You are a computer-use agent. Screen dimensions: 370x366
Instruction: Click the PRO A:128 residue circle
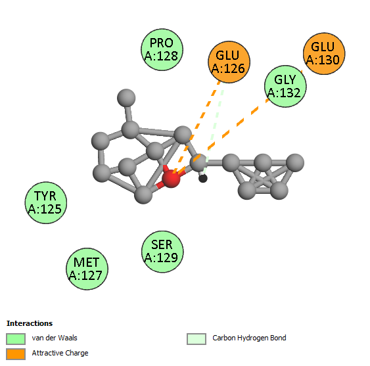(x=162, y=49)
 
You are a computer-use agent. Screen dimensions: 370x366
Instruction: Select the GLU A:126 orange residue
(x=229, y=62)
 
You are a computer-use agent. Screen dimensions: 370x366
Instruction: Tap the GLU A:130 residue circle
(x=324, y=54)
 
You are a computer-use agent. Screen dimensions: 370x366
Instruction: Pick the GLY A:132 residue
(x=285, y=86)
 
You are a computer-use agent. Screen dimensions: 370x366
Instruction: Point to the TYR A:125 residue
(x=46, y=202)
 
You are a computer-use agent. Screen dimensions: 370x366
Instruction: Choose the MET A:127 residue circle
(x=87, y=269)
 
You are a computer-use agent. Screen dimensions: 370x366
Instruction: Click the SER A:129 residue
(x=162, y=252)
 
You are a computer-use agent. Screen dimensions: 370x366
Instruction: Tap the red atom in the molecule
(x=171, y=179)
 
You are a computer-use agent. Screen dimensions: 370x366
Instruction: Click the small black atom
(x=202, y=179)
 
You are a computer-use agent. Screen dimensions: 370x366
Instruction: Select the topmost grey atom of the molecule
(x=126, y=98)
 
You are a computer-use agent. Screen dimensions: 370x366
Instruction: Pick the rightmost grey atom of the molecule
(x=295, y=162)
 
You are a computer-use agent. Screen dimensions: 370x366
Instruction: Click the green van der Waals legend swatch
(x=16, y=339)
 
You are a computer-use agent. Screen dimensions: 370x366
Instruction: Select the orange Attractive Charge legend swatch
(x=16, y=354)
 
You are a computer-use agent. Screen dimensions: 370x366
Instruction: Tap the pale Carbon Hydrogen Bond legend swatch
(x=197, y=339)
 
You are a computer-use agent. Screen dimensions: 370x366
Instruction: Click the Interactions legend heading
(x=30, y=323)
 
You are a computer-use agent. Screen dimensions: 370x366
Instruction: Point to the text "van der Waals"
(x=55, y=338)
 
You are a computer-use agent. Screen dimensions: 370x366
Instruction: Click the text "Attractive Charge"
(x=60, y=353)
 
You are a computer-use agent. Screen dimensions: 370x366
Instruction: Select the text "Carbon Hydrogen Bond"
(x=249, y=338)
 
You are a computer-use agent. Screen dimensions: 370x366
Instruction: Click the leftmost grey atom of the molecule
(x=101, y=141)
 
